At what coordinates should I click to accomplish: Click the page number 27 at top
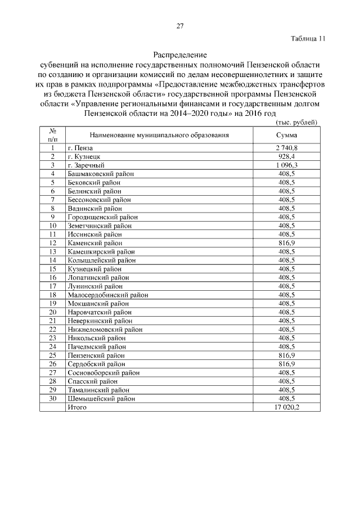180,26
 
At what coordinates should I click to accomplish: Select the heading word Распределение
180,55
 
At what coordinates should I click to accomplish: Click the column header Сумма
286,136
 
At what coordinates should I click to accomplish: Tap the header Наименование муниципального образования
159,136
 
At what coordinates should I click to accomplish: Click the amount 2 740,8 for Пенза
286,148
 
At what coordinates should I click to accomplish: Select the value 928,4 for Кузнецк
286,156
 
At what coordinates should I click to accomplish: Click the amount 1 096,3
286,165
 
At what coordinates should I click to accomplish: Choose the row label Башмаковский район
101,174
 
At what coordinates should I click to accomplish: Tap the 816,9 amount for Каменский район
286,243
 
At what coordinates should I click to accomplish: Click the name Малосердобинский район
104,295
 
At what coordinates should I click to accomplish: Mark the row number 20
52,312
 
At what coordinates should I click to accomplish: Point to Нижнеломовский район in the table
105,330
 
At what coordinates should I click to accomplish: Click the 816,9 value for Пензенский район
286,355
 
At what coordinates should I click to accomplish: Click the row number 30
52,399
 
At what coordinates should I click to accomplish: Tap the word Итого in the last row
76,407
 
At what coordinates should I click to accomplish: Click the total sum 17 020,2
286,407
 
